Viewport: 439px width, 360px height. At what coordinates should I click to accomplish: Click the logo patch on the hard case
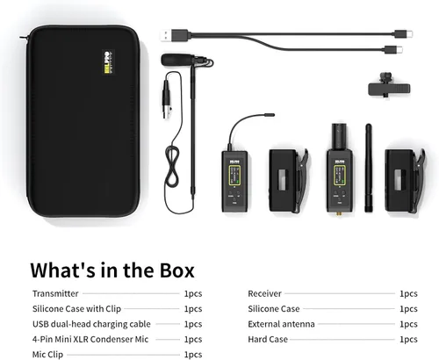108,62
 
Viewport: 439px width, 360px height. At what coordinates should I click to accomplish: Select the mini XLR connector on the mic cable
167,100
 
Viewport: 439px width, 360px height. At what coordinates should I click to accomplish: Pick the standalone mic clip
389,86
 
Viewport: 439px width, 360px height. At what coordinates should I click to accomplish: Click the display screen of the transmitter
234,175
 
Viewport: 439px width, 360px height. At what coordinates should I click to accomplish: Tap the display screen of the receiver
340,175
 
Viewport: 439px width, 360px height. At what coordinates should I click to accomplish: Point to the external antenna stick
369,168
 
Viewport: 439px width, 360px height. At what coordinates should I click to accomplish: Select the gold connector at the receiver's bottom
340,214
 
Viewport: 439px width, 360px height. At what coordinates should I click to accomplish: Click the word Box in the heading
177,270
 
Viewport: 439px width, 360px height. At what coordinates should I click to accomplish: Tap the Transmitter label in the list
55,293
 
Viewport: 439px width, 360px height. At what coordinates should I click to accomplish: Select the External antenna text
281,324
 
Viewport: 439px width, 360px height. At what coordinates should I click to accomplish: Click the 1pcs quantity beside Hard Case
408,339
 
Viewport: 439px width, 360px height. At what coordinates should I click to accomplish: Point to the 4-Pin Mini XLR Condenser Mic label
90,339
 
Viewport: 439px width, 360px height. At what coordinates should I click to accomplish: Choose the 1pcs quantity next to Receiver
408,293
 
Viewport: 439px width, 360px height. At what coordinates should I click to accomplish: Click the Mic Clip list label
47,355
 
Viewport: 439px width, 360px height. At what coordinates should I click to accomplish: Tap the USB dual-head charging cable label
91,324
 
